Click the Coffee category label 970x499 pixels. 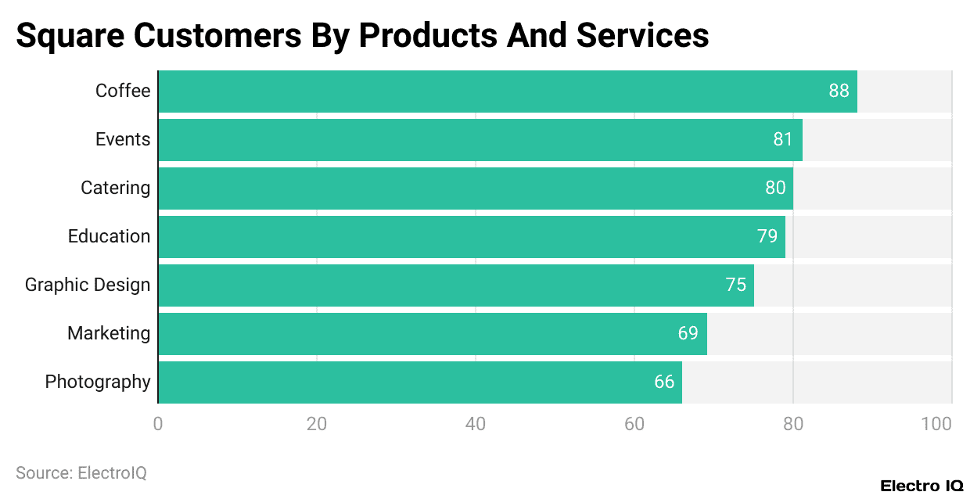click(x=122, y=91)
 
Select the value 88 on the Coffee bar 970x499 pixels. click(x=839, y=91)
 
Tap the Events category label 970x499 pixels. click(x=122, y=139)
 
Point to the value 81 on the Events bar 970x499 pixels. click(x=783, y=139)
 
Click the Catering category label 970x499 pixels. click(x=115, y=188)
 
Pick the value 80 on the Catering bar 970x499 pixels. click(x=775, y=188)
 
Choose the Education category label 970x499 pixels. click(x=109, y=236)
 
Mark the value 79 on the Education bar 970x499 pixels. click(x=767, y=236)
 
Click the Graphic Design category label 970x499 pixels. click(x=87, y=285)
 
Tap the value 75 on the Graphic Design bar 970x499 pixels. click(x=735, y=285)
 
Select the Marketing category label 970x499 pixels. click(x=108, y=333)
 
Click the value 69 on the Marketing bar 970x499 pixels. click(x=688, y=333)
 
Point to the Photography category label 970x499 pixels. click(x=97, y=382)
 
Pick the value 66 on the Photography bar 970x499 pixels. click(x=664, y=382)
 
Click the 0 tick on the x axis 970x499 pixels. click(x=158, y=424)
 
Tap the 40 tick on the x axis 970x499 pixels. click(x=475, y=424)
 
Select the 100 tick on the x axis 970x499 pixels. click(x=936, y=424)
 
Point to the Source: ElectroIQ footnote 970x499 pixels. click(x=81, y=472)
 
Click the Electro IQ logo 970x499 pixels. click(x=921, y=486)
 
